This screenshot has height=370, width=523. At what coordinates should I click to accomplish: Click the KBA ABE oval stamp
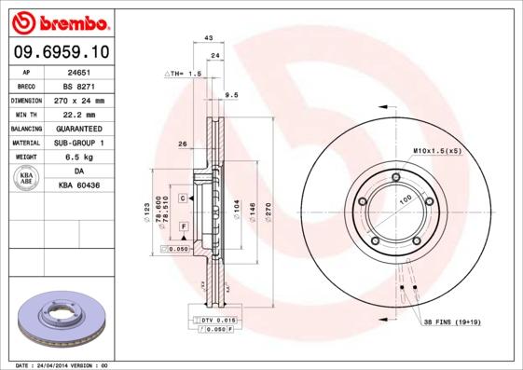click(27, 179)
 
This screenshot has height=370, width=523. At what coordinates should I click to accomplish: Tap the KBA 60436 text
click(80, 186)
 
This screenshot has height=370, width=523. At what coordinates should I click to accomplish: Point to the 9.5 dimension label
click(233, 94)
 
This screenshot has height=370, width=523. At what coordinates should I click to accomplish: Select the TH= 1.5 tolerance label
click(185, 73)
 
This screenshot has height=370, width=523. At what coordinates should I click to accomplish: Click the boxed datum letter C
click(184, 199)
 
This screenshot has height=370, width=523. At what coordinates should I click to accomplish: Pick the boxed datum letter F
click(184, 226)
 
